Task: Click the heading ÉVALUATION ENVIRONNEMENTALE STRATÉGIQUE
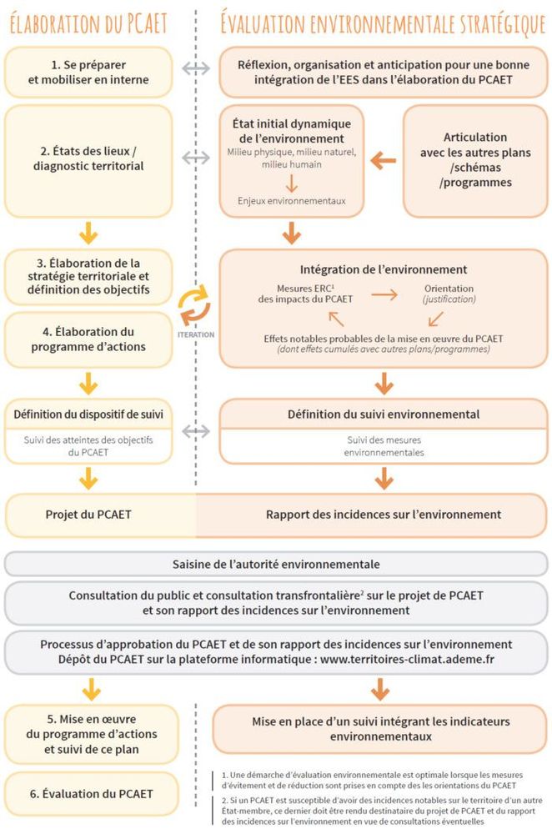(383, 23)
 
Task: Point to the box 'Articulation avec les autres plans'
(475, 159)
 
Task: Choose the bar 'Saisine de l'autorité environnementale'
(276, 564)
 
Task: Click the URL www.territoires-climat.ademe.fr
(419, 661)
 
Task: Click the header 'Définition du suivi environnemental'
(383, 414)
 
